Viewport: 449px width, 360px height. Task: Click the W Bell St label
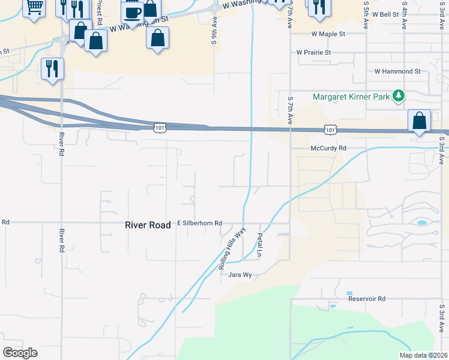[385, 14]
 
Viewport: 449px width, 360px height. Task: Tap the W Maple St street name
[328, 34]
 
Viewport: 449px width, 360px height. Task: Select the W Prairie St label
[314, 53]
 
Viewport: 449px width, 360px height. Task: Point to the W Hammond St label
[397, 71]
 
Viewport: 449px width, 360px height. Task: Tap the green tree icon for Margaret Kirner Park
[397, 95]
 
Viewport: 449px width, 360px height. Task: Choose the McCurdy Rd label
[328, 148]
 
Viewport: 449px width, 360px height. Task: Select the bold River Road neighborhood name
[148, 225]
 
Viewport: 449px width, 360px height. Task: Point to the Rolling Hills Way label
[232, 247]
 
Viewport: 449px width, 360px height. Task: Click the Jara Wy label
[239, 275]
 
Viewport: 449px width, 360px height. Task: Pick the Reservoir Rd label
[366, 298]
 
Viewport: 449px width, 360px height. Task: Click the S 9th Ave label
[214, 30]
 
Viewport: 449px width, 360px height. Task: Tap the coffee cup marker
[132, 13]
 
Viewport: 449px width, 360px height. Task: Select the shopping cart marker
[34, 7]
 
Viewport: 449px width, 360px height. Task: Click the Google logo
[20, 352]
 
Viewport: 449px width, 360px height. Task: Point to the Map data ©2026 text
[423, 355]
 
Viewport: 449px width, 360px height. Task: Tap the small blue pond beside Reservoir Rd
[333, 306]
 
